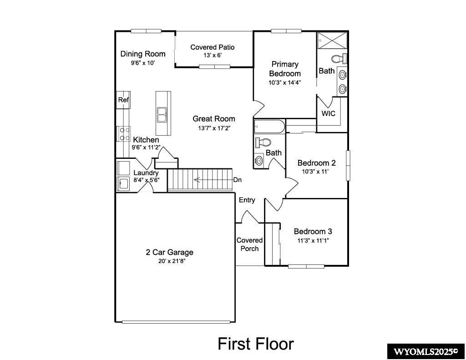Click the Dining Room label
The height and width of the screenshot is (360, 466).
(142, 54)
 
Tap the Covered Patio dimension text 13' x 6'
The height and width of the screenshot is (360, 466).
(213, 56)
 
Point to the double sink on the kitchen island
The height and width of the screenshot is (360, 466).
(162, 115)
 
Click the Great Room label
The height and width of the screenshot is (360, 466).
(213, 119)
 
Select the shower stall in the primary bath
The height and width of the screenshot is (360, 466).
(332, 40)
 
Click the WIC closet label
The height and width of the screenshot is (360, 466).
(328, 113)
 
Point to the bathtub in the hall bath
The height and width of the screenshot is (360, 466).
(269, 126)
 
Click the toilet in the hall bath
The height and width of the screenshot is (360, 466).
(263, 142)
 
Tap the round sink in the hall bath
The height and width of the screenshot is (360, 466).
(259, 160)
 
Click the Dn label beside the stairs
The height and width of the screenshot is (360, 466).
(237, 180)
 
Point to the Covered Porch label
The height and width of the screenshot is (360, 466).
(249, 244)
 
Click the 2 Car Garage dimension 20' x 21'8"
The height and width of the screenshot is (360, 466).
(169, 261)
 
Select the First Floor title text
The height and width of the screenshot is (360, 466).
(255, 343)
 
